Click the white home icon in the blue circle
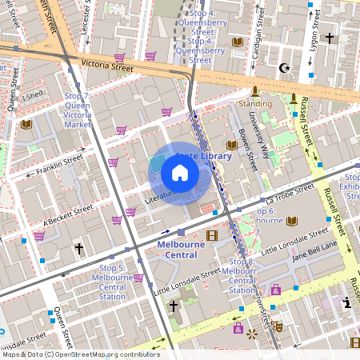click(179, 173)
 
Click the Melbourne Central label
click(177, 249)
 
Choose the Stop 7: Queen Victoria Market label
click(77, 110)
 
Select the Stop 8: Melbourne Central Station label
click(242, 275)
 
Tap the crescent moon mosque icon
click(282, 68)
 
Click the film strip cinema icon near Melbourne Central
click(211, 235)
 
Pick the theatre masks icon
click(276, 326)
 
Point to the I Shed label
click(34, 95)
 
